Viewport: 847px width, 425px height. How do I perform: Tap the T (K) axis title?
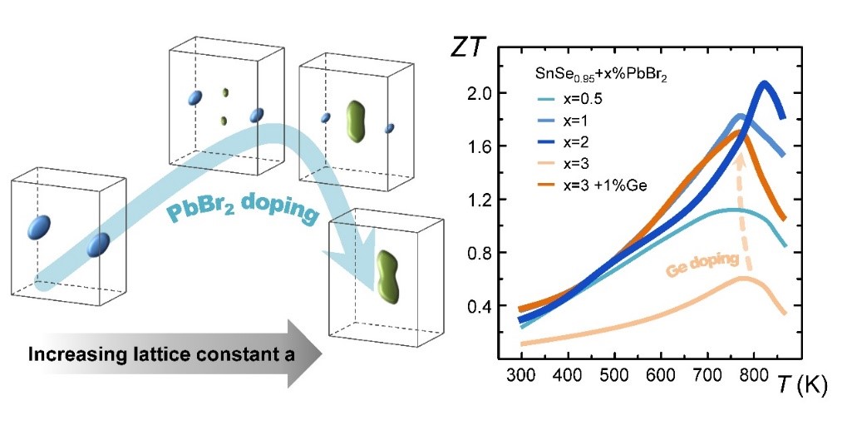point(801,384)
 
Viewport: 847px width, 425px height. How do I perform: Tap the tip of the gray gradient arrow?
point(319,353)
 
